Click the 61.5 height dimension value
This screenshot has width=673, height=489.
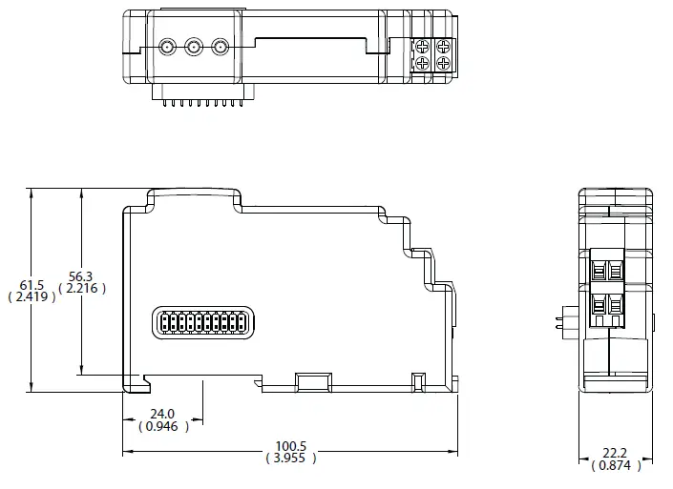[x=32, y=284]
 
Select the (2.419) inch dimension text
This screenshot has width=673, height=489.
[x=32, y=296]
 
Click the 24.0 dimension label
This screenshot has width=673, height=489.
[x=161, y=414]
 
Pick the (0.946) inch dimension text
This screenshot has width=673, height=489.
[x=162, y=427]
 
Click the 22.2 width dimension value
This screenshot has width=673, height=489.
[x=615, y=453]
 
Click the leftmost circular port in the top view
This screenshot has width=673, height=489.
[x=167, y=46]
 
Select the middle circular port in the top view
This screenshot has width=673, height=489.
[x=194, y=46]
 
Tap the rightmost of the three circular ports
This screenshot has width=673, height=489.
[x=221, y=46]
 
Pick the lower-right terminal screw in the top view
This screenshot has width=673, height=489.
[x=442, y=64]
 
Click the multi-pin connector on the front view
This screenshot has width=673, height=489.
[x=201, y=323]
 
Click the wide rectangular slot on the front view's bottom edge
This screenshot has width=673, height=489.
[x=312, y=382]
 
